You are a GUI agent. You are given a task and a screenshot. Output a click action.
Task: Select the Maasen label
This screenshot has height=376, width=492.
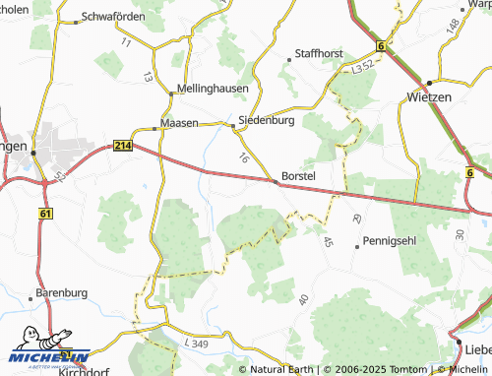[x=179, y=124]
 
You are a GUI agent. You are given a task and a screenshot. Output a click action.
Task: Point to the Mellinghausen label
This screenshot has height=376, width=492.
[x=213, y=88]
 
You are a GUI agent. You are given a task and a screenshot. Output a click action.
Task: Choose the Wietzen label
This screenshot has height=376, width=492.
[x=428, y=97]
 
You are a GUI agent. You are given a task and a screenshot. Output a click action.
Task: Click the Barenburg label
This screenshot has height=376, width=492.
[x=62, y=292]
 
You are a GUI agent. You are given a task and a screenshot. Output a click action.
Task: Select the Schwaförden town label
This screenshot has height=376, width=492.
[x=113, y=18]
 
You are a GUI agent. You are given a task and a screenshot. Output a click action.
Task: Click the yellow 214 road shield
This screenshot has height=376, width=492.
[x=122, y=146]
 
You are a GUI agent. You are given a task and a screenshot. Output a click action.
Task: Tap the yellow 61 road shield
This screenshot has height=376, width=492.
[x=46, y=212]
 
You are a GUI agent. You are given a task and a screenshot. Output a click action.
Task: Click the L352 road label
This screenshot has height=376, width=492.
[x=363, y=71]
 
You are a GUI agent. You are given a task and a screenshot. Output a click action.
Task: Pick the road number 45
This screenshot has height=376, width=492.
[x=328, y=241]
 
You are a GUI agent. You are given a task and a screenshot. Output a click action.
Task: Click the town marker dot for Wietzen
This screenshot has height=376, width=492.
[x=429, y=82]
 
